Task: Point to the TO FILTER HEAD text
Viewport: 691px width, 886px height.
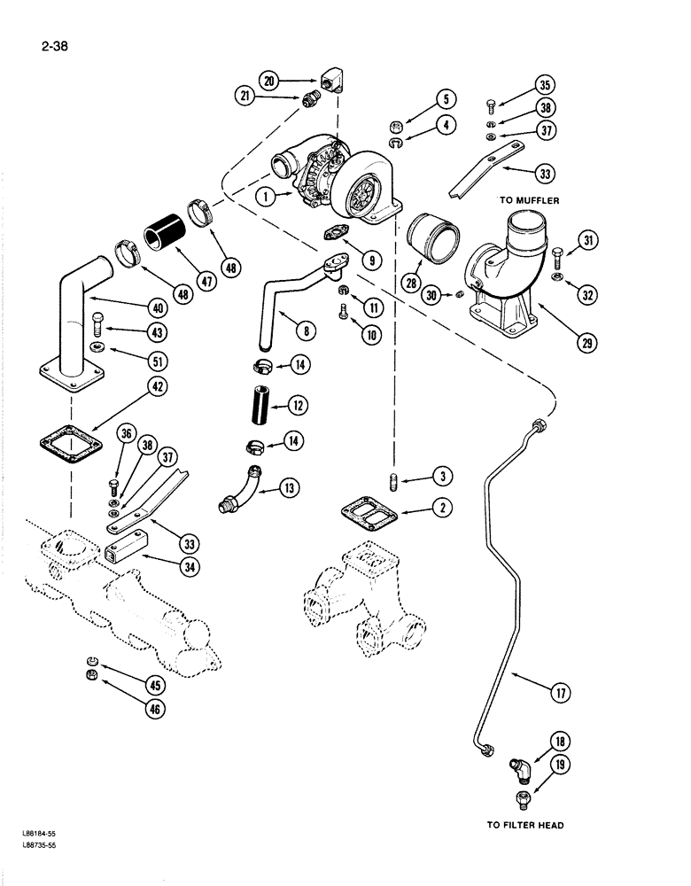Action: pos(525,825)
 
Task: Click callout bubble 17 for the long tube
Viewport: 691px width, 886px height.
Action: pos(559,695)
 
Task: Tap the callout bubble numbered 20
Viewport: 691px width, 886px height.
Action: pos(270,82)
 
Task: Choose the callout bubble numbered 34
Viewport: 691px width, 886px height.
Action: pos(186,566)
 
